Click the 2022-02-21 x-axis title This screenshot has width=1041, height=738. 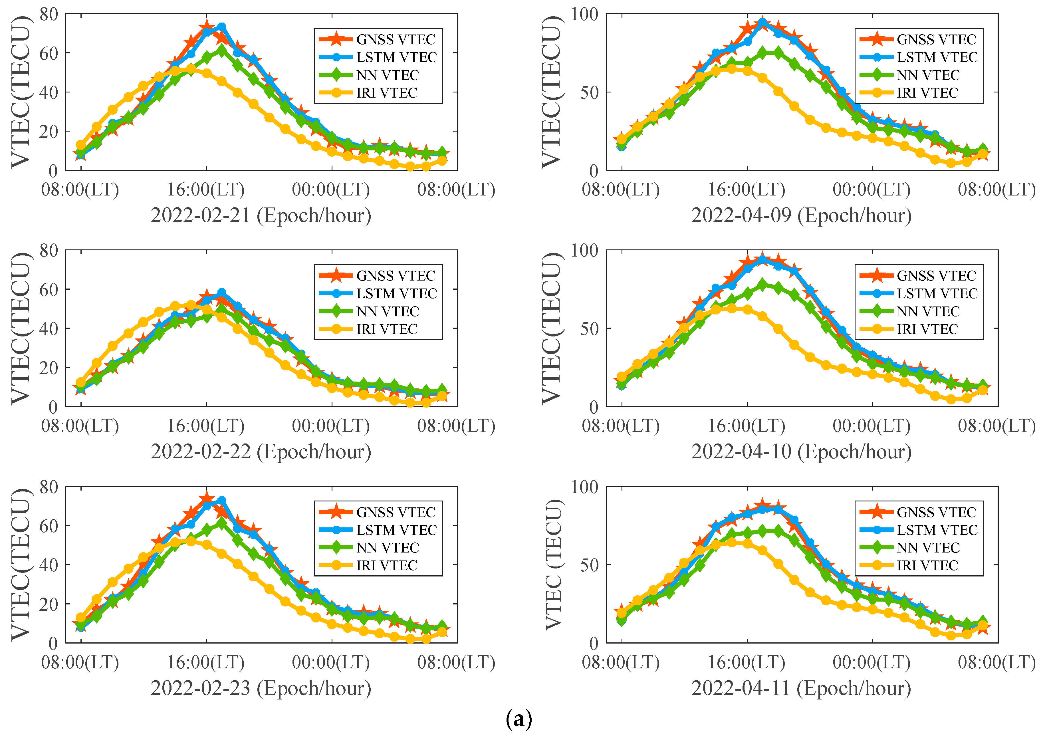261,215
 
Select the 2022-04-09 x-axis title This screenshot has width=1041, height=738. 801,215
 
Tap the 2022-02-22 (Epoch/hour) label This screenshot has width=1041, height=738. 261,452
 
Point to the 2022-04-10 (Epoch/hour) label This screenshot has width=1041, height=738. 801,452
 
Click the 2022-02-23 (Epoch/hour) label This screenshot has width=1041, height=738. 261,688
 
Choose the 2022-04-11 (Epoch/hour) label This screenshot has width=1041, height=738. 801,688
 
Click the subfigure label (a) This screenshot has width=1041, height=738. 519,719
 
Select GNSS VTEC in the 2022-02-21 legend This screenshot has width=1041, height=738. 395,40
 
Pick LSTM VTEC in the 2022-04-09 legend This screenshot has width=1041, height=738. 937,57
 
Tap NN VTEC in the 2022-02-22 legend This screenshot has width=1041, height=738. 387,311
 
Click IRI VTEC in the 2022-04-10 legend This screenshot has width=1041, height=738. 927,329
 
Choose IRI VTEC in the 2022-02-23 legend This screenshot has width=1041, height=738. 386,565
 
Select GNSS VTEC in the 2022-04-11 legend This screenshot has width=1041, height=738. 936,512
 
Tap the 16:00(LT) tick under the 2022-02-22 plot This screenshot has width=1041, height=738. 206,426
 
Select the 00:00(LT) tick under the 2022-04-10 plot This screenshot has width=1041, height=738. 871,426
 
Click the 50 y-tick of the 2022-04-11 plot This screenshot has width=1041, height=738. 589,565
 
